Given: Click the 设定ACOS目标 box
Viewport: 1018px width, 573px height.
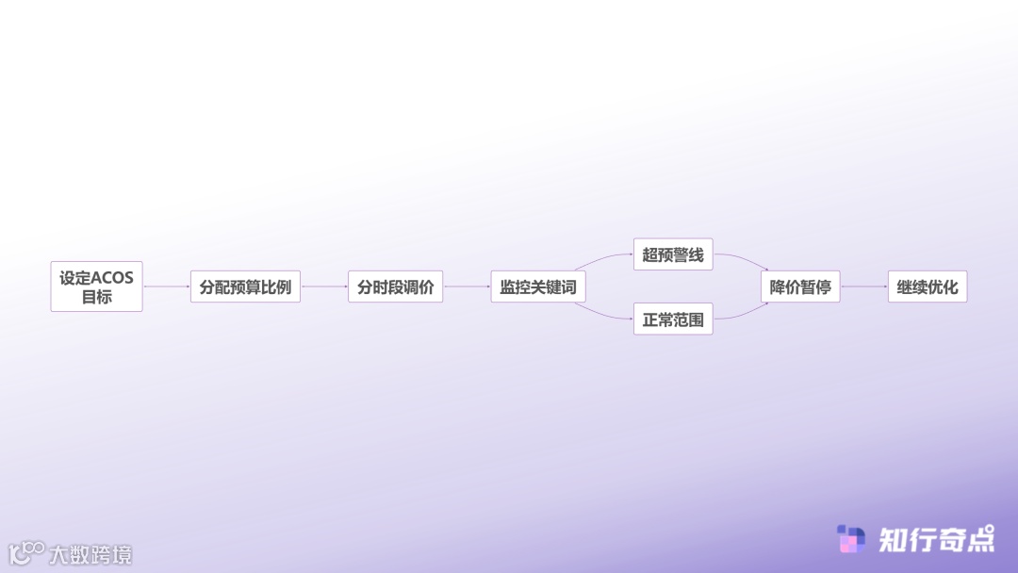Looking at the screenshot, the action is click(x=96, y=286).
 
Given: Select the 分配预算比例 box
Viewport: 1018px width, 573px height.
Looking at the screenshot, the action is click(x=245, y=286).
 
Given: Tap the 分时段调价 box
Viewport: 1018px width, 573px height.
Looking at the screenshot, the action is click(x=395, y=286).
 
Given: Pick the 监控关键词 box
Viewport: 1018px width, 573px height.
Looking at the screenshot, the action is click(x=537, y=286).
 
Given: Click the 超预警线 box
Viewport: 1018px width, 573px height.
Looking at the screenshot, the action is click(x=673, y=254).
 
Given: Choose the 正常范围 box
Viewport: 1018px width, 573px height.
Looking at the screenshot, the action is click(x=673, y=319).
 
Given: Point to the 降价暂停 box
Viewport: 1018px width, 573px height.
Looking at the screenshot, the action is click(x=800, y=286).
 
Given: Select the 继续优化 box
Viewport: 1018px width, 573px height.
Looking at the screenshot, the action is click(x=928, y=286).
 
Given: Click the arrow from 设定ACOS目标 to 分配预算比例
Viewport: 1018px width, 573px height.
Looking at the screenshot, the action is click(x=166, y=286).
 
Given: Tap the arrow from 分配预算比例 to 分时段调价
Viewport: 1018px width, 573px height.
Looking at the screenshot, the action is click(x=324, y=286).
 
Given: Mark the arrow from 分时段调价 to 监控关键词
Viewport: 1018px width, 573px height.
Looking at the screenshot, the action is click(x=467, y=286).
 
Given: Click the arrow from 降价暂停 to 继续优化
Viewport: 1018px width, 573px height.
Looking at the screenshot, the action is click(x=863, y=286).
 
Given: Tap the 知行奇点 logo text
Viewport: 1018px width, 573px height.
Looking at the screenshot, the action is click(x=936, y=539).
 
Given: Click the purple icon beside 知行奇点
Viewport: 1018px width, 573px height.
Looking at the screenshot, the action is click(x=851, y=539).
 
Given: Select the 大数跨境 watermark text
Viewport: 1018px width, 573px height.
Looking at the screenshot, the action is click(x=90, y=554).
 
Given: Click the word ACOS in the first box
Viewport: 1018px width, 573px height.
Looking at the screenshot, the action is click(x=112, y=278).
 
